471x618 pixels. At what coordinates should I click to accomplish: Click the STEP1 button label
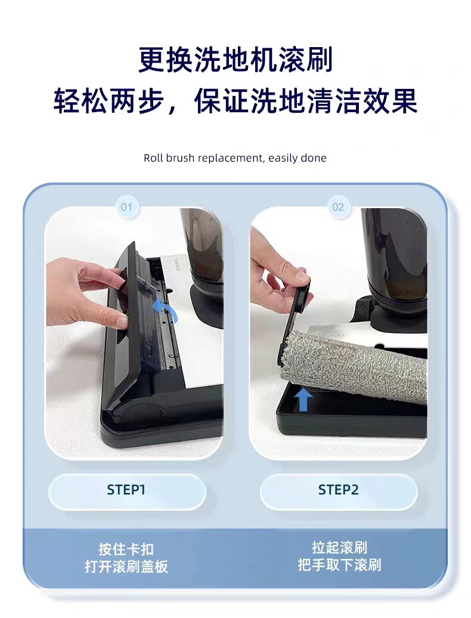pyautogui.click(x=126, y=490)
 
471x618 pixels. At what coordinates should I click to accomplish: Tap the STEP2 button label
pyautogui.click(x=338, y=490)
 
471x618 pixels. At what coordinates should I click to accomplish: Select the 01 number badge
pyautogui.click(x=127, y=207)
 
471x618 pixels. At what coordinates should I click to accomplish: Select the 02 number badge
pyautogui.click(x=338, y=207)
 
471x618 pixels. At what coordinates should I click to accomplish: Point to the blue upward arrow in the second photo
pyautogui.click(x=303, y=399)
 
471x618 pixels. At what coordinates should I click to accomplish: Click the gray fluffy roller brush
pyautogui.click(x=354, y=366)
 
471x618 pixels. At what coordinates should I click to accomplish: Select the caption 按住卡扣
pyautogui.click(x=126, y=549)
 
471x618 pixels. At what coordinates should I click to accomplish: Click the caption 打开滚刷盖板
pyautogui.click(x=126, y=566)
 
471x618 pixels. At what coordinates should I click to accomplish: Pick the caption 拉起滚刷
pyautogui.click(x=339, y=548)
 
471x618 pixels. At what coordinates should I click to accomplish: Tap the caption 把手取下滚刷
pyautogui.click(x=339, y=565)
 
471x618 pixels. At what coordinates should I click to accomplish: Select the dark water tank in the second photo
pyautogui.click(x=396, y=256)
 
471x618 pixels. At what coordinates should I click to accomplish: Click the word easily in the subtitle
pyautogui.click(x=283, y=159)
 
